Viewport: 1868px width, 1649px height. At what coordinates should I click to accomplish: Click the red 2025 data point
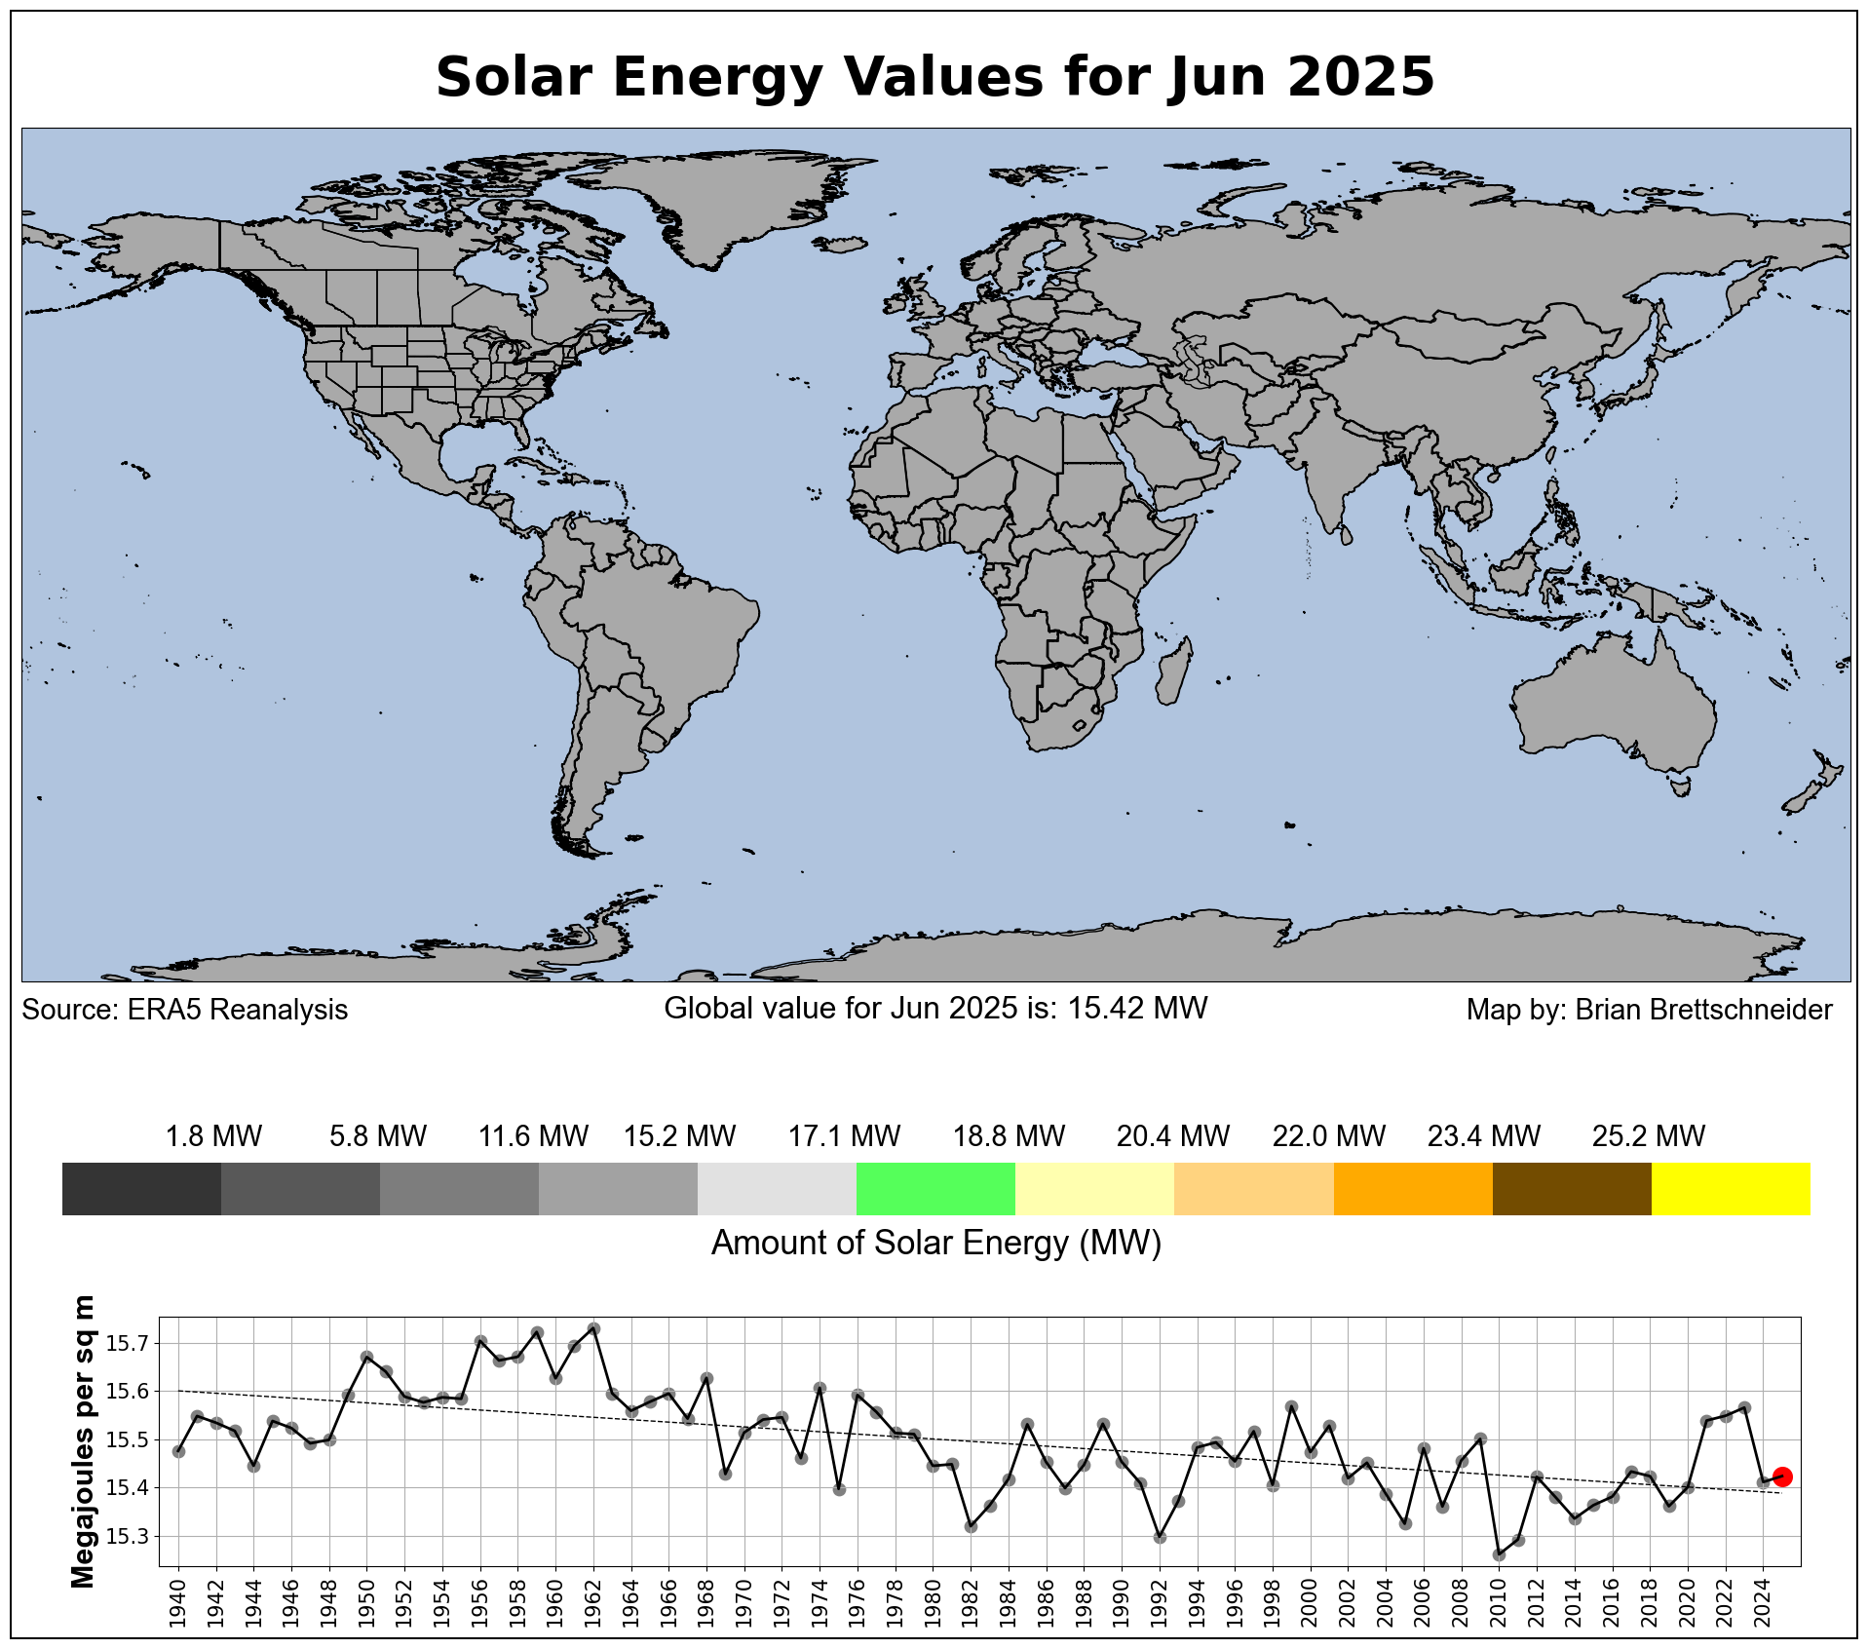pyautogui.click(x=1782, y=1477)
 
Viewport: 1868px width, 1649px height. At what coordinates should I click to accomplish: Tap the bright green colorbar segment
pyautogui.click(x=935, y=1188)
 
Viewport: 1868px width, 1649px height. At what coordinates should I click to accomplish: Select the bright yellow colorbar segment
pyautogui.click(x=1731, y=1188)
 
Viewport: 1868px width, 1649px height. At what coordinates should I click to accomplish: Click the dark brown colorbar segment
pyautogui.click(x=1572, y=1188)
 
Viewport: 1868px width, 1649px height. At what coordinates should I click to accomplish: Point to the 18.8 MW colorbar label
pyautogui.click(x=1009, y=1136)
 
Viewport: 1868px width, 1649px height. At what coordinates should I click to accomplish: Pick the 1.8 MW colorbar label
pyautogui.click(x=213, y=1136)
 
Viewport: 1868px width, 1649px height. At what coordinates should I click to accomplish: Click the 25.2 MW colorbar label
pyautogui.click(x=1649, y=1136)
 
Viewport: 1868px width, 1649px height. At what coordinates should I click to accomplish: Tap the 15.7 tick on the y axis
pyautogui.click(x=128, y=1344)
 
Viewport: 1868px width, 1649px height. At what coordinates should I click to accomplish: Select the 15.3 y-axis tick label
pyautogui.click(x=128, y=1537)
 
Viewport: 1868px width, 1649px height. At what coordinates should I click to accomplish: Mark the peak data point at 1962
pyautogui.click(x=593, y=1328)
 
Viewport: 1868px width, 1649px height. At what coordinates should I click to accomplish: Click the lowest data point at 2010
pyautogui.click(x=1499, y=1554)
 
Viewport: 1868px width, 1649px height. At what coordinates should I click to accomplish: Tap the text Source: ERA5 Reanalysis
pyautogui.click(x=185, y=1010)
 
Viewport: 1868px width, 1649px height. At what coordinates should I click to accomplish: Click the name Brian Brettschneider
pyautogui.click(x=1703, y=1010)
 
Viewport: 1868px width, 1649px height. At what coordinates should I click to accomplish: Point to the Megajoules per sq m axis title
pyautogui.click(x=84, y=1441)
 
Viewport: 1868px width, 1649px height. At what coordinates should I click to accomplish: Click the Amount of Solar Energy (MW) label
pyautogui.click(x=935, y=1244)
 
